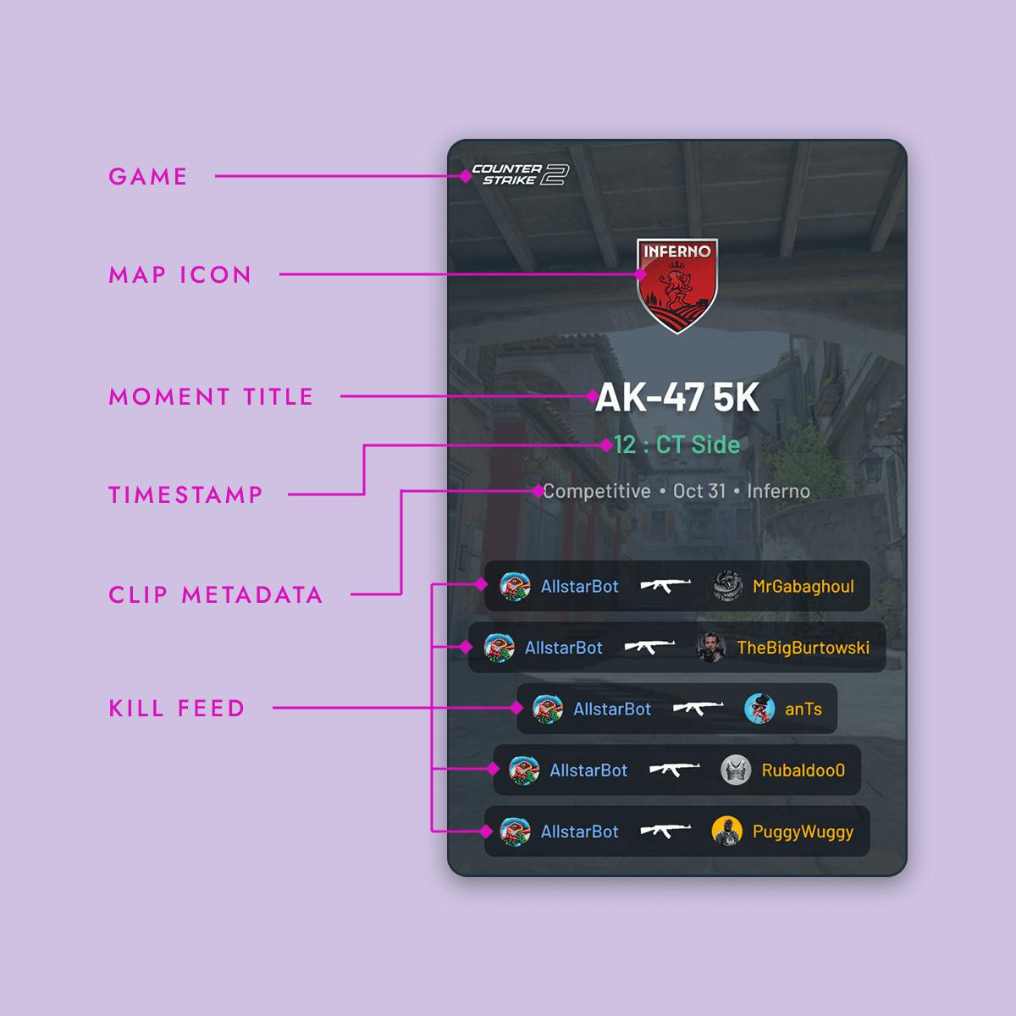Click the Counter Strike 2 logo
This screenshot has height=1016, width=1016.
coord(520,174)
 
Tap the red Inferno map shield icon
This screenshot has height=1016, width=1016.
coord(677,284)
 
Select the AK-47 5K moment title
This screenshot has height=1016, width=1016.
coord(677,398)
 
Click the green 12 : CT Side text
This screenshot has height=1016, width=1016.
coord(677,444)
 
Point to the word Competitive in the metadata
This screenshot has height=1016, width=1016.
coord(597,491)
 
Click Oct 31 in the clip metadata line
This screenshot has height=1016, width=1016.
coord(699,491)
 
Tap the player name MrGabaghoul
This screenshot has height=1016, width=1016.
coord(803,586)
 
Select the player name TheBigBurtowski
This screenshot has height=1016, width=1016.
coord(803,648)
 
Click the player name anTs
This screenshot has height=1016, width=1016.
coord(803,709)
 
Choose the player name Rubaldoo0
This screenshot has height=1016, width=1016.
coord(803,770)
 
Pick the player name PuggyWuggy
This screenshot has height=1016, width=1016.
coord(803,831)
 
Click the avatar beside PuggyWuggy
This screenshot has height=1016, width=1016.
coord(727,831)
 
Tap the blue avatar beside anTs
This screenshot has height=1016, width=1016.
coord(759,709)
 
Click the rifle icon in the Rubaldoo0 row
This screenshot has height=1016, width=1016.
coord(674,770)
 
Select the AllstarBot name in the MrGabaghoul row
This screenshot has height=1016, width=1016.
coord(579,586)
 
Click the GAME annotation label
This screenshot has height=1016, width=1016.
coord(148,176)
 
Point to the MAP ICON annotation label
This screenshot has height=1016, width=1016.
coord(180,274)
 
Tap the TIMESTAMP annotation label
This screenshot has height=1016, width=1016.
coord(185,494)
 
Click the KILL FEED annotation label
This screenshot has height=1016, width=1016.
coord(177,708)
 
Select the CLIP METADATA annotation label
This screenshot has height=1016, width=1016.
coord(216,594)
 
